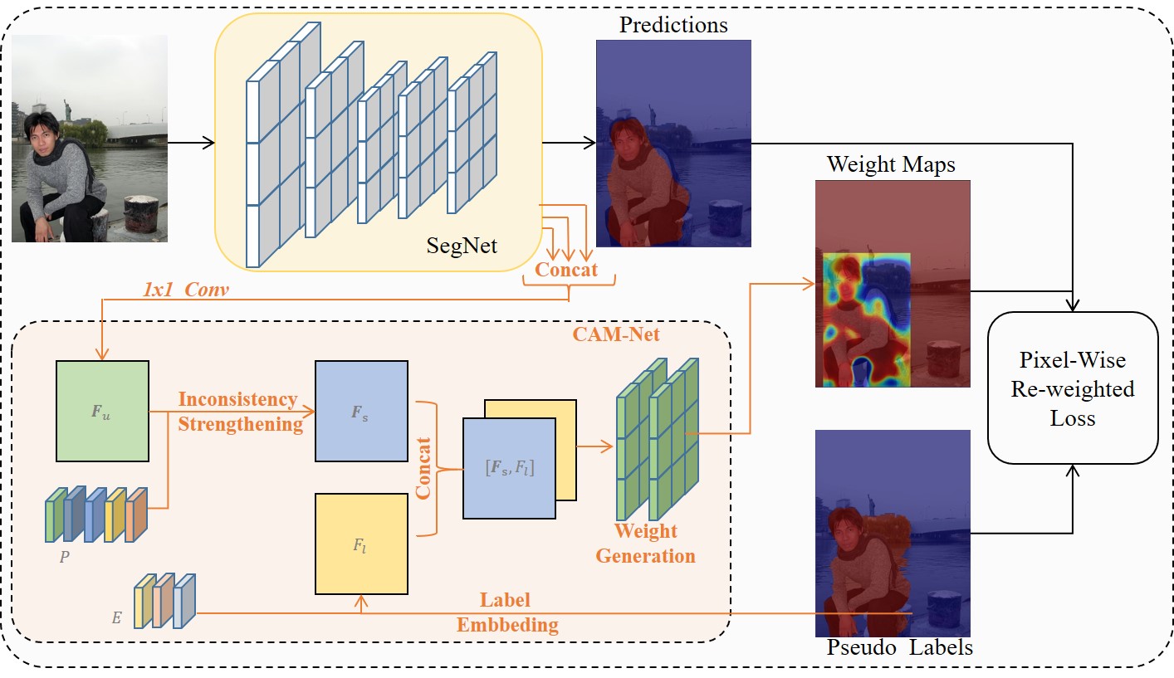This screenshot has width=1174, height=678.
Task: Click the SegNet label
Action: (x=462, y=245)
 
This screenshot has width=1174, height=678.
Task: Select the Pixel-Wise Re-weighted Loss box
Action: (x=1072, y=388)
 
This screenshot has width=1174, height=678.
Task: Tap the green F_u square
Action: (x=102, y=411)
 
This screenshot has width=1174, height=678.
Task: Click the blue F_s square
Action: (x=361, y=411)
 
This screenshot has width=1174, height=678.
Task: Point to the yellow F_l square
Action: (x=361, y=544)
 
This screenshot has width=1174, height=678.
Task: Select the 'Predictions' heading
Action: (x=673, y=25)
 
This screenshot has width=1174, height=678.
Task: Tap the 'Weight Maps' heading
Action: (x=891, y=165)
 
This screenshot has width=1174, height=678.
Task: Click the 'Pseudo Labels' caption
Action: (x=899, y=647)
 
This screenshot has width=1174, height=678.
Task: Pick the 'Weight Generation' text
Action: (x=645, y=544)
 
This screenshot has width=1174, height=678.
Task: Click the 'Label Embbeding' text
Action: (x=506, y=612)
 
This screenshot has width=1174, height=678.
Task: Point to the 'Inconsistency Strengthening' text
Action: (x=239, y=412)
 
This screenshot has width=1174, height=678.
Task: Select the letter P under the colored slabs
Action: (x=64, y=557)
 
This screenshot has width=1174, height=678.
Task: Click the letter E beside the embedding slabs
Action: (x=116, y=618)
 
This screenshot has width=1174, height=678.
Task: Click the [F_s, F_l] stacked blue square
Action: (x=508, y=468)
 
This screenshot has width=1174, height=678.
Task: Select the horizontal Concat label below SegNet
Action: (x=566, y=270)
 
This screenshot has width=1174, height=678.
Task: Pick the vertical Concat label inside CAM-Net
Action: (x=423, y=468)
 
